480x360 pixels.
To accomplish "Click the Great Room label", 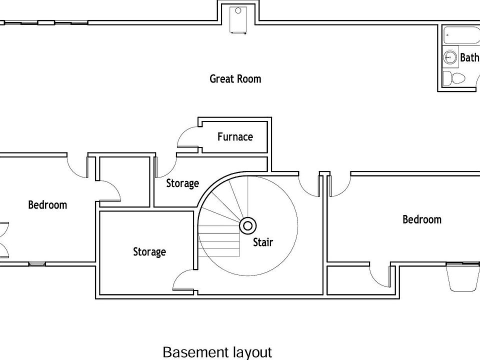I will [x=235, y=78].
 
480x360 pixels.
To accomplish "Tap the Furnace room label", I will [x=235, y=136].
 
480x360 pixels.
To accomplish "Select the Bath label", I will [x=469, y=57].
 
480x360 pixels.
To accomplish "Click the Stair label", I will [x=262, y=242].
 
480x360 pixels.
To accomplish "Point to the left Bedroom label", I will [x=47, y=204].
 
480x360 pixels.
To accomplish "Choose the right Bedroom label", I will [x=422, y=219].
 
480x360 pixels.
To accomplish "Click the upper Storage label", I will [x=182, y=183].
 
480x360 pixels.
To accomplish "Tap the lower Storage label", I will [x=149, y=251].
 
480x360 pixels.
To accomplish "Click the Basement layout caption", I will [x=217, y=352].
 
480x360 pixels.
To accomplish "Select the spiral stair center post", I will [x=247, y=225].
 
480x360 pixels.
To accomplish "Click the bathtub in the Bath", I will [x=460, y=36].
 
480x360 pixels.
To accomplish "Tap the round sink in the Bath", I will [x=450, y=57].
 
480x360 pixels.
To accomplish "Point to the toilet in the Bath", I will [x=455, y=78].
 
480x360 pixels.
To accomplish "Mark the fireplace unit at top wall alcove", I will [x=238, y=20].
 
